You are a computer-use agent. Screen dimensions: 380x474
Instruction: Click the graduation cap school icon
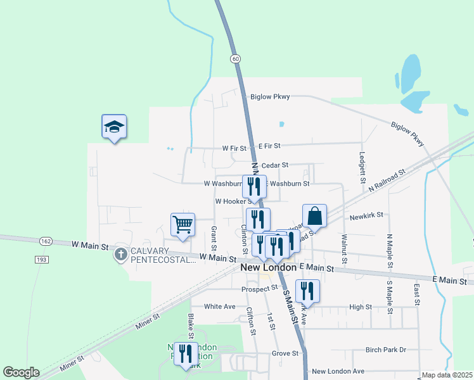click(114, 127)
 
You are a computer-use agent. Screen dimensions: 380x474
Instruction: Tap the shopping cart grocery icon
click(183, 224)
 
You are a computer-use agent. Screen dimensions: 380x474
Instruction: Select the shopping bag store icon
click(314, 217)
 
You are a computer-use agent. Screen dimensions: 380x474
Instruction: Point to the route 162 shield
click(44, 241)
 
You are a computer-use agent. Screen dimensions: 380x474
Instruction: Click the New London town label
click(269, 268)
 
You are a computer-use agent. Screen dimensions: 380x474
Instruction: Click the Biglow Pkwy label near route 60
click(270, 97)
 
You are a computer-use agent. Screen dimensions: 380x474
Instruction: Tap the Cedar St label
click(275, 165)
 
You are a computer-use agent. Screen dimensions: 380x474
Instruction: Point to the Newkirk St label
click(366, 215)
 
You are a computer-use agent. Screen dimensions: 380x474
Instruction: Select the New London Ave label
click(338, 371)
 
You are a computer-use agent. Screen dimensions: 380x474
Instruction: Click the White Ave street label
click(220, 307)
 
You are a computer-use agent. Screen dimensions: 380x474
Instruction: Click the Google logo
click(21, 372)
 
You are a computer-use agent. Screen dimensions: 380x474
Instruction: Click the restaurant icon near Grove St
click(186, 353)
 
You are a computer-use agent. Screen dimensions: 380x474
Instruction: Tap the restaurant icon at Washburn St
click(254, 186)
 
